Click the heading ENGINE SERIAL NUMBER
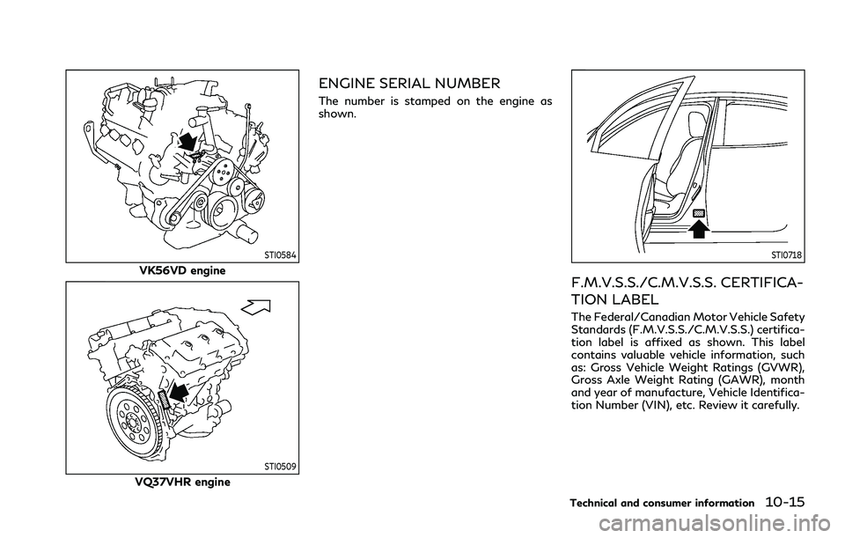tap(410, 84)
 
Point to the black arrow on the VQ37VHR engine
tap(178, 392)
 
